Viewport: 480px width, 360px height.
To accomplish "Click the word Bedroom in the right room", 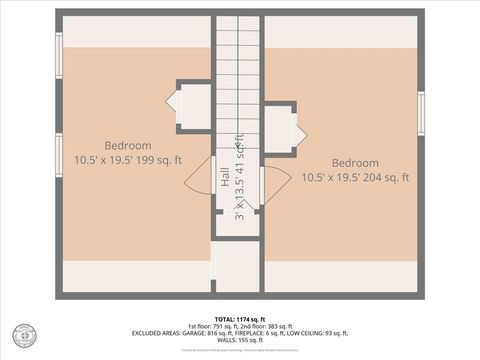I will pyautogui.click(x=355, y=163).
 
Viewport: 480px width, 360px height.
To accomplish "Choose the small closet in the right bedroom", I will pyautogui.click(x=278, y=129).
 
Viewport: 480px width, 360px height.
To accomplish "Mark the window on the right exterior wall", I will pyautogui.click(x=421, y=113).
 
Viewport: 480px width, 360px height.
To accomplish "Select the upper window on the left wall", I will pyautogui.click(x=59, y=55).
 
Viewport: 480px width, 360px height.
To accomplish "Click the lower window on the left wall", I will pyautogui.click(x=59, y=155).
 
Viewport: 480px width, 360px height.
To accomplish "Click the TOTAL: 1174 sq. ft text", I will pyautogui.click(x=239, y=317).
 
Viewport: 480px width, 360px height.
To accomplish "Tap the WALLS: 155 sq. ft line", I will pyautogui.click(x=240, y=341).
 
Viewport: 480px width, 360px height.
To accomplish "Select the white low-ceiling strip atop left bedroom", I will pyautogui.click(x=137, y=32).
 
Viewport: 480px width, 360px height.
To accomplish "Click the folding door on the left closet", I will pyautogui.click(x=171, y=101).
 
